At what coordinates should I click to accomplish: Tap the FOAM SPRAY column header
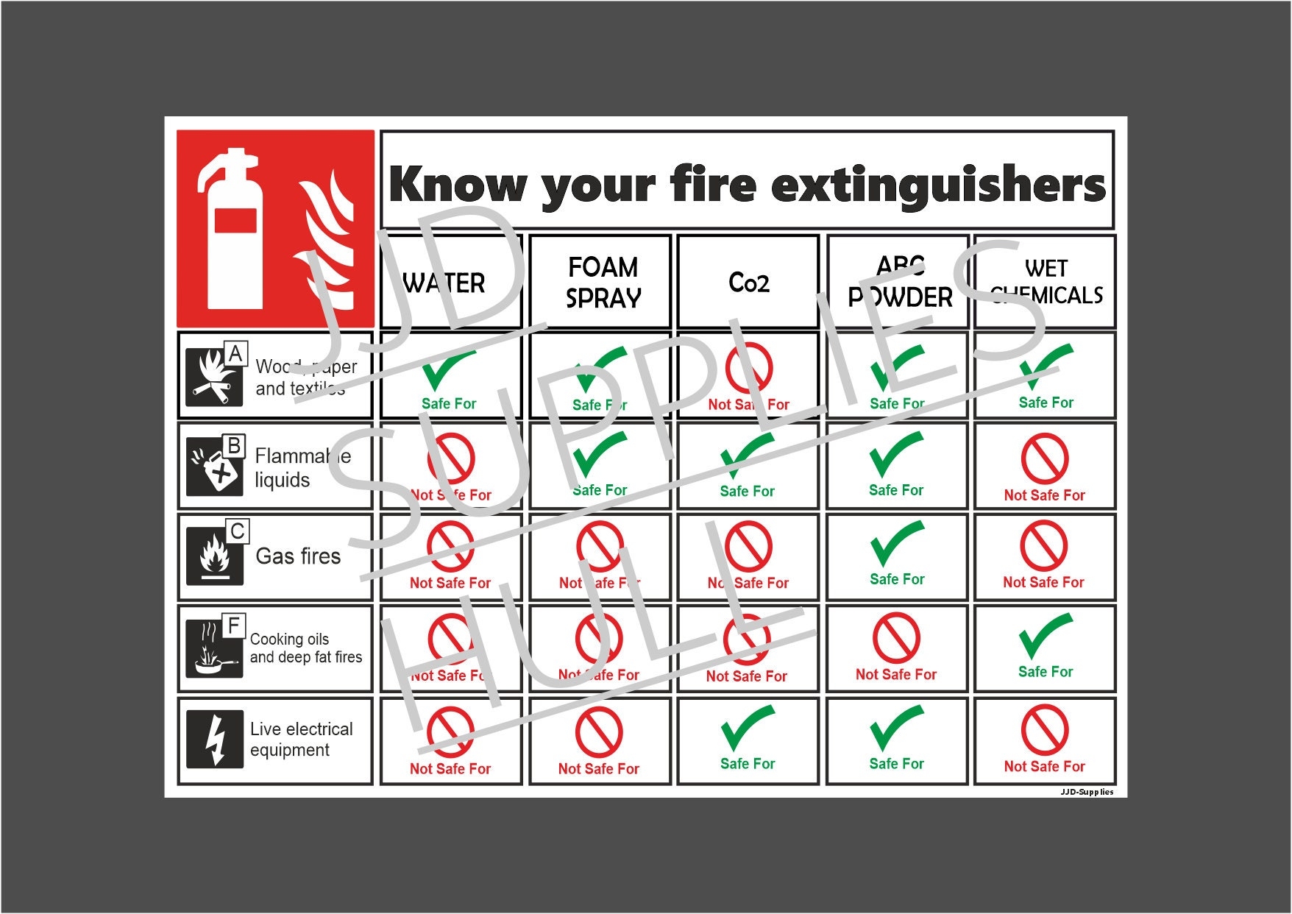point(603,282)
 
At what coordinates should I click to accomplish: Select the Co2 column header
point(748,282)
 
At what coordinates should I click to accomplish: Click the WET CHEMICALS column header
point(1046,282)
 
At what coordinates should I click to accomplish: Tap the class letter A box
point(235,354)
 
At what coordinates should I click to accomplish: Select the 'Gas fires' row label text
point(298,556)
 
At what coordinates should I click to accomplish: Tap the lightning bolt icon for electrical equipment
point(215,740)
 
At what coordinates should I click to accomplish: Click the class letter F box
point(234,626)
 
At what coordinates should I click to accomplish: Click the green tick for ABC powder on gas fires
point(896,544)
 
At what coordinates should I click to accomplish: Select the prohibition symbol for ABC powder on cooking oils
point(895,638)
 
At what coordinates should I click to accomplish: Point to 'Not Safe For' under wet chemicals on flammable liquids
point(1044,495)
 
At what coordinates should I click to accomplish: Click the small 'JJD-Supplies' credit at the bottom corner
point(1086,792)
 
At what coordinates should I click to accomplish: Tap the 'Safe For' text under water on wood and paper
point(449,403)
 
